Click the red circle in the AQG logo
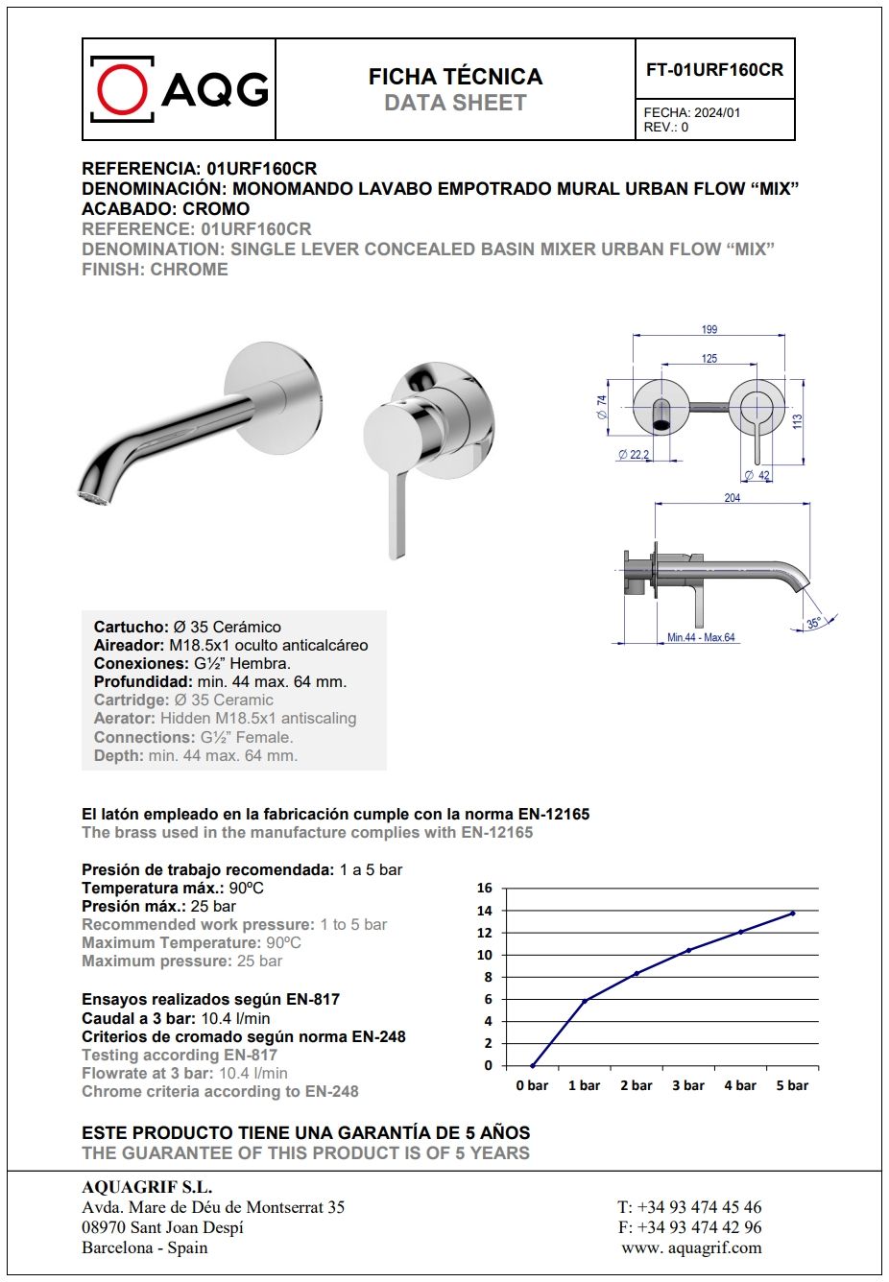pyautogui.click(x=122, y=90)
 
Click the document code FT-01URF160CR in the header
pyautogui.click(x=714, y=70)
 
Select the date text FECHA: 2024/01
pyautogui.click(x=691, y=112)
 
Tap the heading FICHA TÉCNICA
pyautogui.click(x=455, y=77)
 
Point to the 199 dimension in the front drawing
pyautogui.click(x=709, y=329)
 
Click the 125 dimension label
pyautogui.click(x=709, y=359)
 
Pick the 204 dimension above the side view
pyautogui.click(x=732, y=498)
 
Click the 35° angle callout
pyautogui.click(x=813, y=623)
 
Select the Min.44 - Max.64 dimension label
pyautogui.click(x=701, y=637)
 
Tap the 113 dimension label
pyautogui.click(x=797, y=421)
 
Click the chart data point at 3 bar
pyautogui.click(x=687, y=950)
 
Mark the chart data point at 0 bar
pyautogui.click(x=532, y=1065)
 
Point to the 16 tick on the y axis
pyautogui.click(x=485, y=888)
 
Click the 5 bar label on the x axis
pyautogui.click(x=792, y=1085)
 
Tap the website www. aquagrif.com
pyautogui.click(x=691, y=1247)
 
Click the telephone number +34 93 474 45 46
pyautogui.click(x=689, y=1207)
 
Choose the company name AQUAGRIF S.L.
pyautogui.click(x=147, y=1187)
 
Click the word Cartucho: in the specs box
pyautogui.click(x=131, y=627)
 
